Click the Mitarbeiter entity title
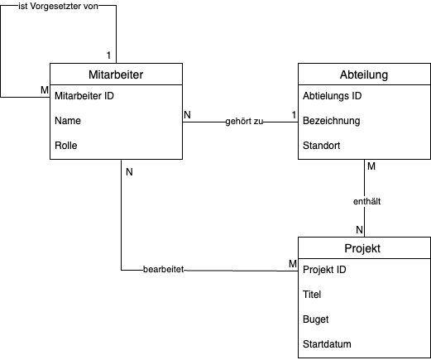(x=116, y=74)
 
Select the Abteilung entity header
(x=364, y=74)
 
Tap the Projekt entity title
(x=362, y=248)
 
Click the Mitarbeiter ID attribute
(x=84, y=96)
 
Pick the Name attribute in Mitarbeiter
(x=68, y=121)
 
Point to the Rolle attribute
(x=66, y=146)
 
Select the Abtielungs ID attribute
(x=332, y=96)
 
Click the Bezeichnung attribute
(x=331, y=121)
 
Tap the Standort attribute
(x=321, y=146)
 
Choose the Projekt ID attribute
(x=324, y=270)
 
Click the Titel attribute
(x=312, y=295)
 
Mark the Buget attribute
(x=315, y=319)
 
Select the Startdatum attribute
(x=327, y=344)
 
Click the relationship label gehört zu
(x=244, y=122)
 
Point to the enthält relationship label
(x=366, y=201)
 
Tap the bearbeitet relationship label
(x=163, y=269)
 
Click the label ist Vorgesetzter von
(x=58, y=7)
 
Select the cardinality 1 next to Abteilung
(x=294, y=115)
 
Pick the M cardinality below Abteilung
(x=371, y=166)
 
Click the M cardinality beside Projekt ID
(x=293, y=264)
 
